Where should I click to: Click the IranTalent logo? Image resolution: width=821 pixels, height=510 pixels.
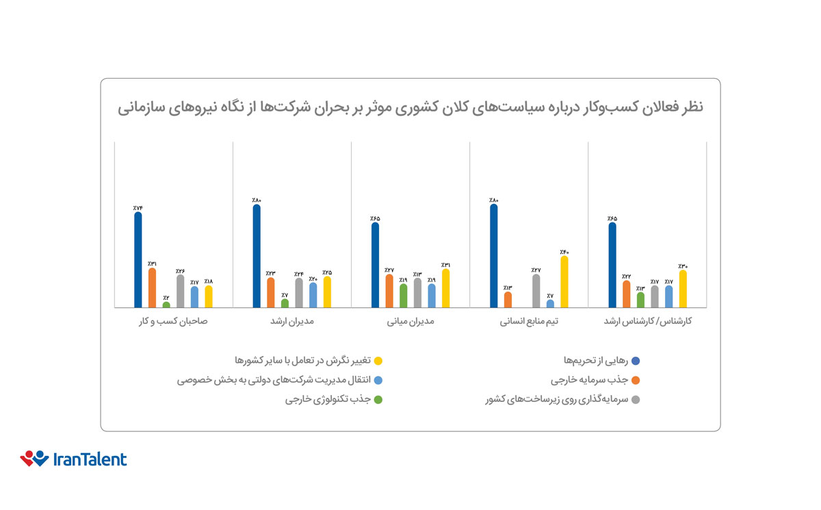(73, 459)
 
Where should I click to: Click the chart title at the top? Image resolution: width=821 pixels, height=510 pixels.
(410, 107)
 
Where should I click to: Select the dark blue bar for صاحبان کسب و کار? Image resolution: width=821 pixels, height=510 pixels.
(138, 260)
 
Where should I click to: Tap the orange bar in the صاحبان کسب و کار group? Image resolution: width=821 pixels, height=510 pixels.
(152, 288)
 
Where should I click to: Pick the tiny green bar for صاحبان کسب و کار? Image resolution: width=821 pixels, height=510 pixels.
(166, 305)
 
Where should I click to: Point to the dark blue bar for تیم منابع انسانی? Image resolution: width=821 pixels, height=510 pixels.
(494, 256)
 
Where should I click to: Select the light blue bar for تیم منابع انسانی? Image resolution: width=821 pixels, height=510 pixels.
(551, 303)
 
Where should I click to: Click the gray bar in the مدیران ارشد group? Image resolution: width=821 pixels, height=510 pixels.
(299, 293)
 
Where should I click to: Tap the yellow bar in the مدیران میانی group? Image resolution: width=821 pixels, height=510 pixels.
(446, 288)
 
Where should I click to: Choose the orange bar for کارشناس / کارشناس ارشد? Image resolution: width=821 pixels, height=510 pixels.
(627, 294)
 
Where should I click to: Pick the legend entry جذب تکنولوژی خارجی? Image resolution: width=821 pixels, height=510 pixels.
(328, 400)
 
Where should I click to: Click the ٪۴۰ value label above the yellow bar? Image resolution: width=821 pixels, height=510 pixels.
(564, 251)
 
